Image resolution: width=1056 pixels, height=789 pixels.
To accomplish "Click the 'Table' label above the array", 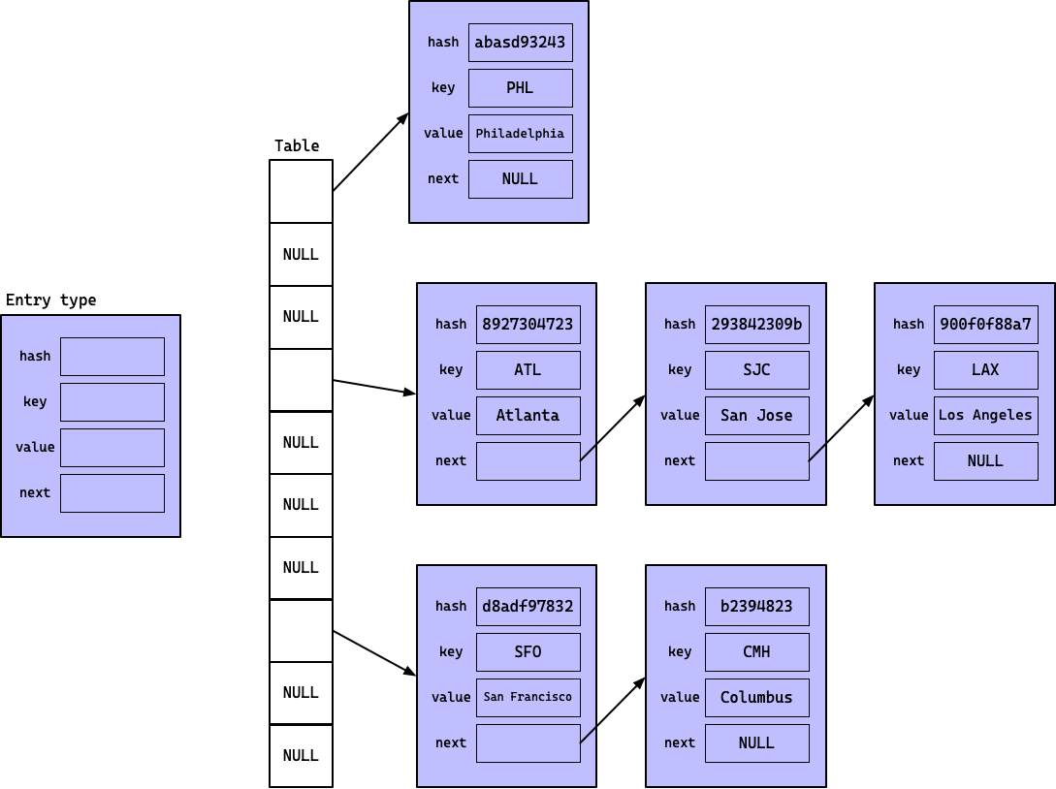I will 297,145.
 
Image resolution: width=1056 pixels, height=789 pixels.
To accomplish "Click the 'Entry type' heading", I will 51,300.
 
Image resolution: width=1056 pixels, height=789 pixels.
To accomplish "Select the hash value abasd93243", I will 520,43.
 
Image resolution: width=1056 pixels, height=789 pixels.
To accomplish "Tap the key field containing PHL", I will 520,88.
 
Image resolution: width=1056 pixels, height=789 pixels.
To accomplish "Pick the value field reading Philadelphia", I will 520,134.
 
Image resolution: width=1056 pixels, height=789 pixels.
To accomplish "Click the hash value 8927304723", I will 528,325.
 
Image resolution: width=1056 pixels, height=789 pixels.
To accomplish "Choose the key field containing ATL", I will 528,370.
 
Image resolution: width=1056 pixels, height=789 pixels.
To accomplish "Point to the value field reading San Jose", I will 756,416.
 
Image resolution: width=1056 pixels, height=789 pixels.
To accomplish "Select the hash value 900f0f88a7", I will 985,325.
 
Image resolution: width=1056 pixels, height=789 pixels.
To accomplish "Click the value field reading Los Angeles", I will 985,416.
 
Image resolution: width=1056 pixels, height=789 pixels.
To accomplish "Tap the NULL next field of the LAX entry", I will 985,461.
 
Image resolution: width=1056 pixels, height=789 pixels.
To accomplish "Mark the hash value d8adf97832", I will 528,607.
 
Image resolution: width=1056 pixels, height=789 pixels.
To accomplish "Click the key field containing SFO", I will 528,652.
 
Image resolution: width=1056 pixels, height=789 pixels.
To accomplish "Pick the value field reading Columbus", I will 756,698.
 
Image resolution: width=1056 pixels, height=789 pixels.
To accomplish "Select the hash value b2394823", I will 756,607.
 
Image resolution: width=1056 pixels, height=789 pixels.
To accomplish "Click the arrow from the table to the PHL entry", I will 370,152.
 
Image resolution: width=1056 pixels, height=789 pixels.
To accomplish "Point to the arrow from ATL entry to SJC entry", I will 613,427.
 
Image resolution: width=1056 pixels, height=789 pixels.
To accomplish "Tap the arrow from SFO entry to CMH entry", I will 613,710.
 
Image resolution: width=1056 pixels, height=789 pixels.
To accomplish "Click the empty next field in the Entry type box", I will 112,493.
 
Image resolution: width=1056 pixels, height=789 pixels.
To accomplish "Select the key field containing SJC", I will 756,370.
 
